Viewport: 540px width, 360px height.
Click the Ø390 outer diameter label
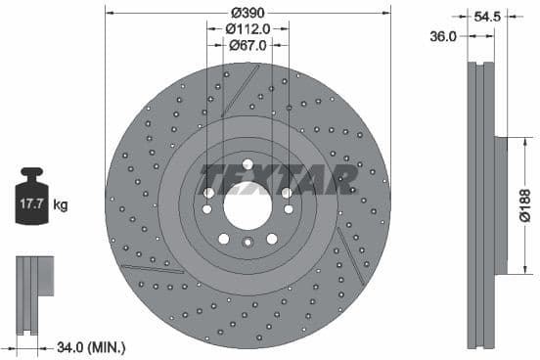tap(247, 12)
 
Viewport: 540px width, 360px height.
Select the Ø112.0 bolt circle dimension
tap(247, 28)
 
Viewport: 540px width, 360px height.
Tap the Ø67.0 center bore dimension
tap(247, 45)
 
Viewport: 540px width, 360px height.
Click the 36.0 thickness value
tap(443, 36)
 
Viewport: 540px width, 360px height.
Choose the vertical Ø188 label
tap(525, 205)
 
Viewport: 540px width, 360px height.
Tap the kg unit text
tap(61, 205)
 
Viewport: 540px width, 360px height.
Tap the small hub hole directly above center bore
tap(247, 163)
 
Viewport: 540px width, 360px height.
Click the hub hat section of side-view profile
tap(500, 205)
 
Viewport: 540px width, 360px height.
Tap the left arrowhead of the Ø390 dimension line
tap(108, 12)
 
